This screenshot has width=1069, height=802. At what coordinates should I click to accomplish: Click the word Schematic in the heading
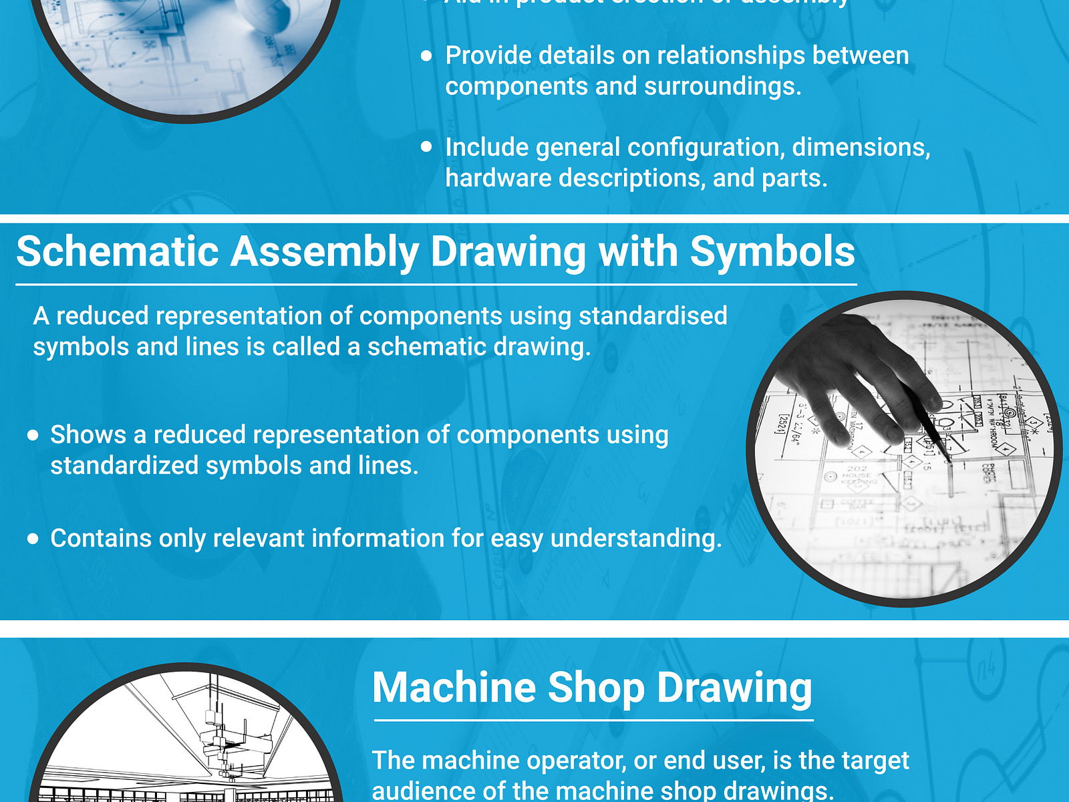(x=117, y=253)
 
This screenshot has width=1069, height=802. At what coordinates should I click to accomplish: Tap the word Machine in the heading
(x=454, y=688)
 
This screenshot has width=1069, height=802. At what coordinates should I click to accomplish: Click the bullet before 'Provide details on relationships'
(x=427, y=56)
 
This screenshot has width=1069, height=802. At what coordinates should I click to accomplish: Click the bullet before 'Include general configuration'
(x=427, y=147)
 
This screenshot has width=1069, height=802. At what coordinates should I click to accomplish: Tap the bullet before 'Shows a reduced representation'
(x=33, y=436)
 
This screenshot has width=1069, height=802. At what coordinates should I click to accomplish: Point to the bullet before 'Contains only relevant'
(x=33, y=539)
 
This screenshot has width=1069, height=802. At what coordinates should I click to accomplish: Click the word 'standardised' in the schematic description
(x=652, y=315)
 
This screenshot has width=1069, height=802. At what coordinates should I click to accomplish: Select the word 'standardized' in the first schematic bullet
(x=124, y=466)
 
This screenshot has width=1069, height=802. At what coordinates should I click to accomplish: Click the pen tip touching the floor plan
(x=949, y=460)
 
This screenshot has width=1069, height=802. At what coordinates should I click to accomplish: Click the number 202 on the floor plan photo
(x=857, y=469)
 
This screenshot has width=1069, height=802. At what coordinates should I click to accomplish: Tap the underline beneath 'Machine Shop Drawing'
(x=593, y=720)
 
